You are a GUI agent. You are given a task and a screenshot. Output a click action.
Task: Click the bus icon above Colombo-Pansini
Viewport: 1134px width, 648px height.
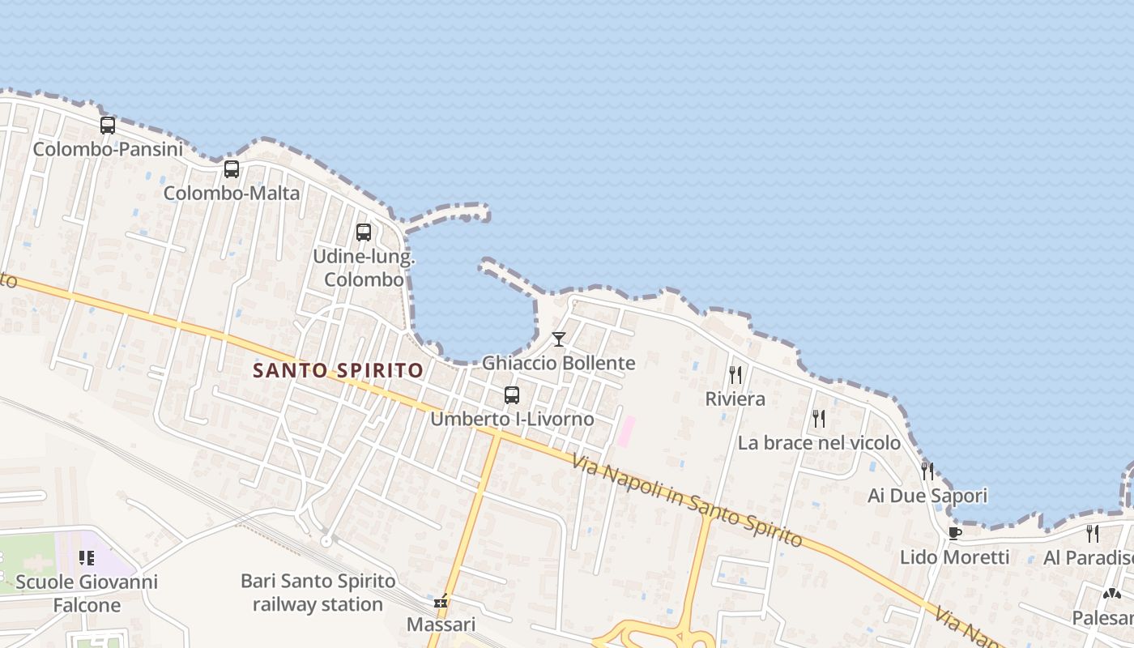[108, 126]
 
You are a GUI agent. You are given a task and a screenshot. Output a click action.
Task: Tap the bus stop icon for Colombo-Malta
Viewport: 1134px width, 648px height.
[232, 169]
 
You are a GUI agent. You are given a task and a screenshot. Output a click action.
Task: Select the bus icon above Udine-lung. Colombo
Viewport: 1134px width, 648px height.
[364, 232]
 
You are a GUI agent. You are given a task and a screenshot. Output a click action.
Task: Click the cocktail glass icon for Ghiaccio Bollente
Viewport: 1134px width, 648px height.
[559, 339]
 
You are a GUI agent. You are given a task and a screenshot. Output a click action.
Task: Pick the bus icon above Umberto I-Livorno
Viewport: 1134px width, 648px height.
[512, 395]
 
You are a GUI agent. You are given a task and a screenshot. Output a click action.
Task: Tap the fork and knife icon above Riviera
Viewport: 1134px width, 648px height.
[735, 375]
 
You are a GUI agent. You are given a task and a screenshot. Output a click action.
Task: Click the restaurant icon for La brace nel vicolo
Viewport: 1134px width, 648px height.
[819, 419]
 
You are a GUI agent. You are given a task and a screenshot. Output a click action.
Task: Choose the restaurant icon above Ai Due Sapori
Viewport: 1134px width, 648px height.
[927, 471]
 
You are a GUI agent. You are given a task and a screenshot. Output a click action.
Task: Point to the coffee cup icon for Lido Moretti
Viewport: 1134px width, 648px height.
[954, 533]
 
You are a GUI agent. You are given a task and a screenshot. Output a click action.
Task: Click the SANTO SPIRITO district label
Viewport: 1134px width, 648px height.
[338, 371]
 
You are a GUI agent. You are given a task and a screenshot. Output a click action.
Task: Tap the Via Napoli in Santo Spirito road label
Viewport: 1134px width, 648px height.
[687, 501]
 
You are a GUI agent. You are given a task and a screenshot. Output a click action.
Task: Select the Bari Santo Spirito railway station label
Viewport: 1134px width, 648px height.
[318, 593]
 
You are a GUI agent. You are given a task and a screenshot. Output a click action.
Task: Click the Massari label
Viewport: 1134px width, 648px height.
[441, 625]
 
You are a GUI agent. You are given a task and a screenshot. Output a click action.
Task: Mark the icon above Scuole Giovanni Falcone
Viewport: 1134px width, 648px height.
[87, 558]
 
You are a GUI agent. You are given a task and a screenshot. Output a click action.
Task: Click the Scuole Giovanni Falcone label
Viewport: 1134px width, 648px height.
[87, 593]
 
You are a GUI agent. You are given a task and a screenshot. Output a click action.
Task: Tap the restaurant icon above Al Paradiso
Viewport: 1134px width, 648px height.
[1093, 533]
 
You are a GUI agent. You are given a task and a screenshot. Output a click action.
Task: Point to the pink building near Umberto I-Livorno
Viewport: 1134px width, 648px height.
[626, 431]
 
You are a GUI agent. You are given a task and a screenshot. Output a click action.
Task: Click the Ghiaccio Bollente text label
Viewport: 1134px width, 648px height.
[559, 363]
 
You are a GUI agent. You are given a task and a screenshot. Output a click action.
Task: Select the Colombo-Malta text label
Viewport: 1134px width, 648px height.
[232, 194]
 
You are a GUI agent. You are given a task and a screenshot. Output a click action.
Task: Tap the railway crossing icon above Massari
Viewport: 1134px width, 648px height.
[441, 602]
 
